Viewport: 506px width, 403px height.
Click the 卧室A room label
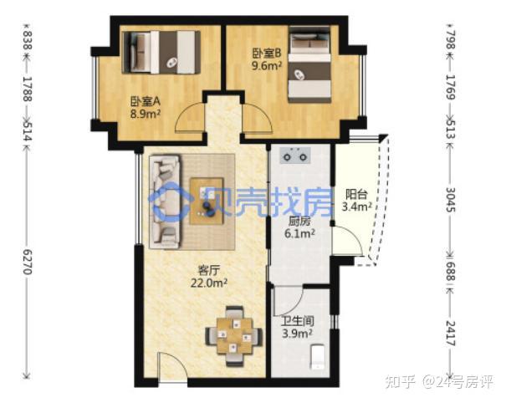[146, 101]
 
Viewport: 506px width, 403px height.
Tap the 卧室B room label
[267, 54]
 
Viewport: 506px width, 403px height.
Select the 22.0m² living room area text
[209, 283]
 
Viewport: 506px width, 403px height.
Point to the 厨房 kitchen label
[299, 222]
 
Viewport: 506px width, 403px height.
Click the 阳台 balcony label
[356, 194]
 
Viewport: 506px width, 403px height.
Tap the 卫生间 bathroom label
[297, 321]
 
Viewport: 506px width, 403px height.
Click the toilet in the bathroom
[317, 357]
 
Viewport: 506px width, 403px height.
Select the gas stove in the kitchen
[295, 156]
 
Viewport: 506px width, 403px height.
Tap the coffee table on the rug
[207, 201]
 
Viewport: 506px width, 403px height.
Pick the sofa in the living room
[166, 201]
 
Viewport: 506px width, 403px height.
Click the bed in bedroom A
[161, 53]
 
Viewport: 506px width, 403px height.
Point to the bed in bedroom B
[309, 64]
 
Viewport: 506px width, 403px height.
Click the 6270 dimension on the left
[28, 262]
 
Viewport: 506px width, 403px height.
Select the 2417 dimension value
[451, 334]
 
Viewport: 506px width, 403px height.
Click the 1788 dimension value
[28, 89]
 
